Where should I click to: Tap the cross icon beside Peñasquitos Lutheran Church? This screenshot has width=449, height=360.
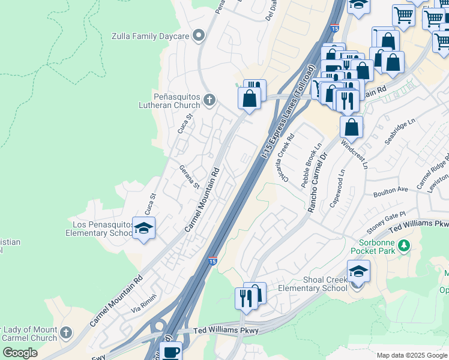[209, 100]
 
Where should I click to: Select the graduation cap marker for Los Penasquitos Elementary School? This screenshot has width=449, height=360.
[143, 229]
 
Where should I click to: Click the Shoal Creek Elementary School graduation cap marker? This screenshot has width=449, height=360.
[358, 271]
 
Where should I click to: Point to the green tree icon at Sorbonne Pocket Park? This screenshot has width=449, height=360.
[404, 245]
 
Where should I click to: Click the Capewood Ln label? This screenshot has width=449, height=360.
[337, 188]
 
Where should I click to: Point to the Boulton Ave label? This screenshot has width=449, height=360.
[390, 190]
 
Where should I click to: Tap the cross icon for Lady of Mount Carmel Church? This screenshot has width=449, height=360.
[66, 331]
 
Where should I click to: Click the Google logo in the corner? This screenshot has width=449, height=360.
[20, 353]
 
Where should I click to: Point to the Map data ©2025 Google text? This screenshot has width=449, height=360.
[411, 355]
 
